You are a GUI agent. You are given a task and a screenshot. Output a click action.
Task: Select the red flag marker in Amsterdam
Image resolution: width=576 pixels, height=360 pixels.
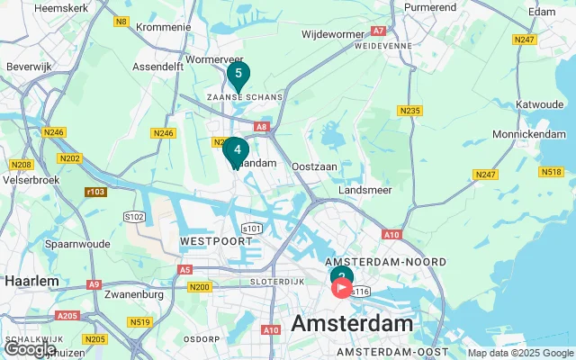click(x=343, y=289)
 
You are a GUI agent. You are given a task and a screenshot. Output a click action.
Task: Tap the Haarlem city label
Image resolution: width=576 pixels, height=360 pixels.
click(x=31, y=281)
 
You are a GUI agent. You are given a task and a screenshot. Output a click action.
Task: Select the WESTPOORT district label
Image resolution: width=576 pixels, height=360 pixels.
click(x=213, y=242)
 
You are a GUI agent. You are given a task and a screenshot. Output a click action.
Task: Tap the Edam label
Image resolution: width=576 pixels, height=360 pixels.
click(x=542, y=11)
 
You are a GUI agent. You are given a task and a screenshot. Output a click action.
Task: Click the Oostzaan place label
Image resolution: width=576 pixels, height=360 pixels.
click(x=313, y=167)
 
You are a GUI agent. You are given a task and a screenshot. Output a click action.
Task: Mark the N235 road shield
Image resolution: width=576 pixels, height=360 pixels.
click(x=410, y=111)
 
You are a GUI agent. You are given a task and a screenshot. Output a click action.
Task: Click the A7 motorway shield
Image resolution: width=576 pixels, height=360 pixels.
click(x=379, y=31)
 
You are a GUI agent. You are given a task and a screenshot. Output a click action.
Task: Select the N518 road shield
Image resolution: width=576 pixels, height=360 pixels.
click(x=551, y=171)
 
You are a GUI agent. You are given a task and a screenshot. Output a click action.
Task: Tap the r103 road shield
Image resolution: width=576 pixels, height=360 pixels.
click(x=94, y=192)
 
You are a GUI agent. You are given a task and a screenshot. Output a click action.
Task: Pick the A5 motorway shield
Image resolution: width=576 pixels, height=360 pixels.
click(x=184, y=269)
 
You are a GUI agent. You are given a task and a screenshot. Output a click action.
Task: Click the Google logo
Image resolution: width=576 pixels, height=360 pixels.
click(x=30, y=349)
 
